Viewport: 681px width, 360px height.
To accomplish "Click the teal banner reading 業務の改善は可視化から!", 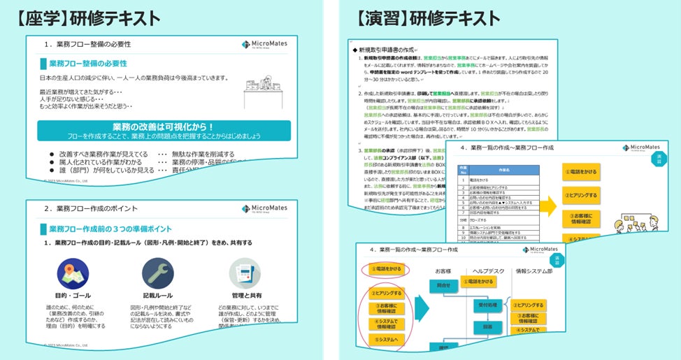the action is coord(164,130).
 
